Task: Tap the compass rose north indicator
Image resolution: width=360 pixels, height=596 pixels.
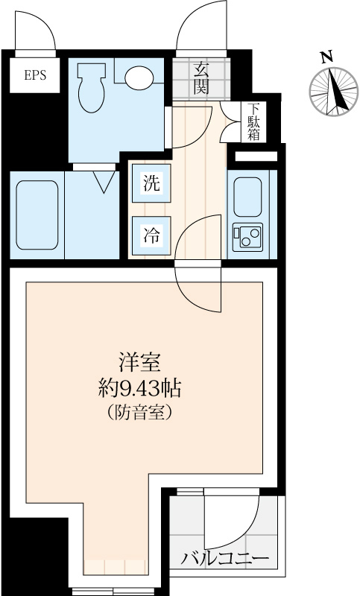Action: click(x=334, y=92)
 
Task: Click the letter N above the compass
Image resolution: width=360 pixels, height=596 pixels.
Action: click(x=325, y=57)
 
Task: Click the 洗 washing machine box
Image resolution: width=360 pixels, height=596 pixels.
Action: click(x=151, y=184)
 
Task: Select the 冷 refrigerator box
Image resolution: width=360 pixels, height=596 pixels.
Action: click(x=151, y=235)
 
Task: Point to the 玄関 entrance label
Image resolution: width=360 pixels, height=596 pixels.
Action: click(x=201, y=78)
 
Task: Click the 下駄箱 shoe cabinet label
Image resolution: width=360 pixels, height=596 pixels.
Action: click(x=255, y=121)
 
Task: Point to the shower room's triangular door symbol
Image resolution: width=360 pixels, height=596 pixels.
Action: click(x=104, y=180)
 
